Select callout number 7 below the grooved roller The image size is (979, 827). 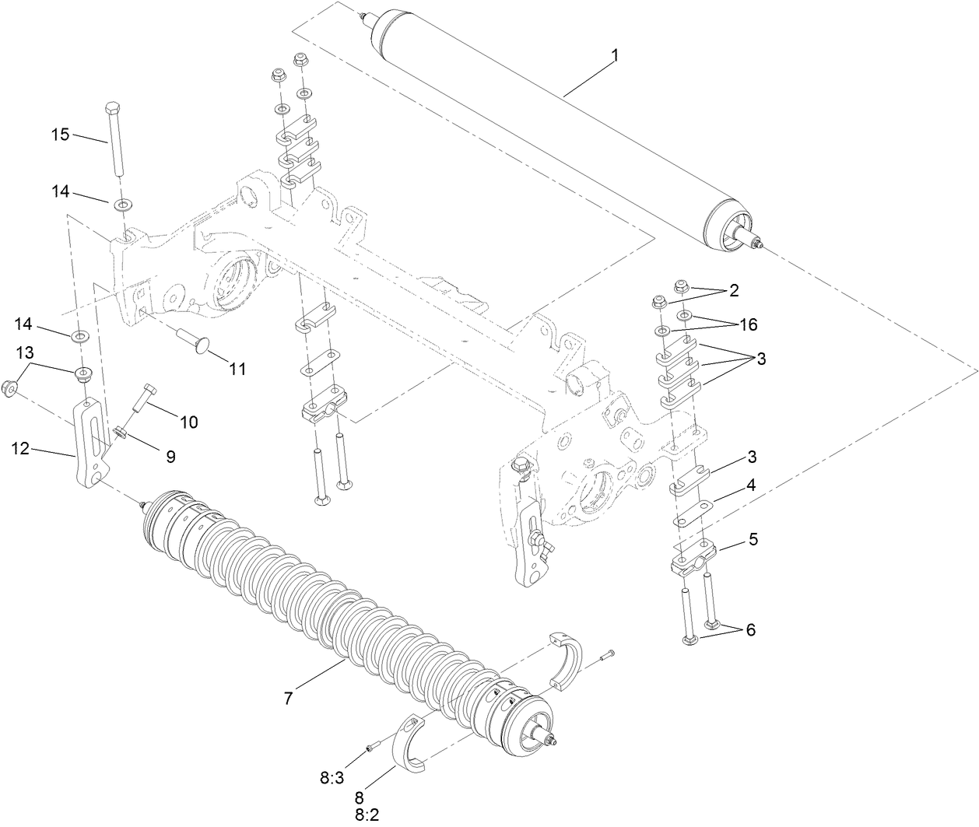288,699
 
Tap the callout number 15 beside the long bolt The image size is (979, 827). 61,133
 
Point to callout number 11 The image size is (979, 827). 237,369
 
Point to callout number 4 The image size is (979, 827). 751,485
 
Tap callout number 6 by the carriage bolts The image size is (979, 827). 751,629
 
